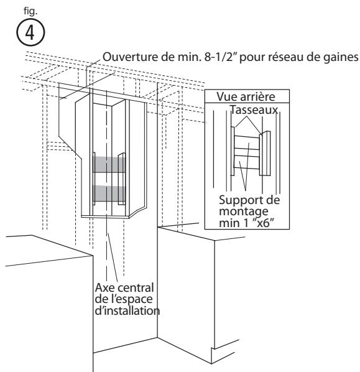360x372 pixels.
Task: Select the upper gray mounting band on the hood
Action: point(109,164)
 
